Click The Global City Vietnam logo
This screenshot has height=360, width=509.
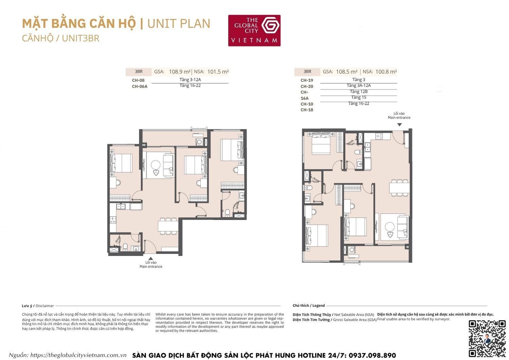click(254, 31)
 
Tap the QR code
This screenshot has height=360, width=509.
click(487, 338)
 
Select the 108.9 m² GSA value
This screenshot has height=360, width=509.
click(180, 72)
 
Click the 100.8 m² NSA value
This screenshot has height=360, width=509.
click(386, 72)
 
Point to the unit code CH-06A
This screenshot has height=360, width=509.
click(139, 86)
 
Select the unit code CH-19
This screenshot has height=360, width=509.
click(307, 80)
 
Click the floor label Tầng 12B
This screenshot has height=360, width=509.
click(359, 91)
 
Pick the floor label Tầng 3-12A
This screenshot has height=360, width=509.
click(190, 79)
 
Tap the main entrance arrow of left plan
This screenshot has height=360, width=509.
click(151, 258)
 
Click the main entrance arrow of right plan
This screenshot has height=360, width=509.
click(399, 125)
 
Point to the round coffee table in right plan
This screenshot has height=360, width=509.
click(390, 227)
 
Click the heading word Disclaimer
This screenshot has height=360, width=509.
click(44, 306)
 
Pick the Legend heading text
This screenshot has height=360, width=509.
click(318, 306)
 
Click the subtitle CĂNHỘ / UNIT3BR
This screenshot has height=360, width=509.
click(61, 38)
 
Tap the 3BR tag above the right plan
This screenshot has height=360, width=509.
click(307, 72)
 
